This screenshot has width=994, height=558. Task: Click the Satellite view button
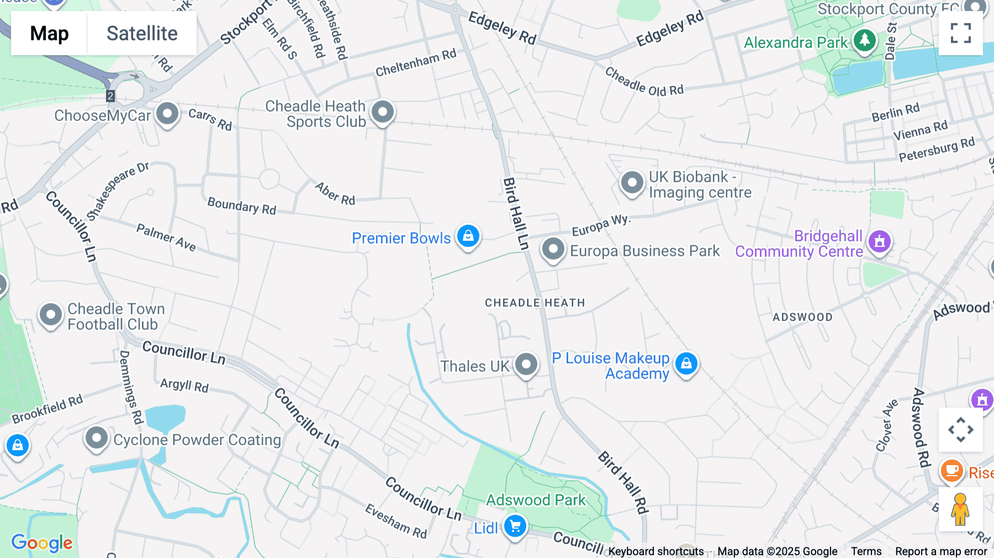tap(142, 34)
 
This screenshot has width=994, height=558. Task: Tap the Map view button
tap(49, 34)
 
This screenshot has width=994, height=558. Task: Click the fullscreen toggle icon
tap(960, 33)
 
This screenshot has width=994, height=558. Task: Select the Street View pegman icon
tap(960, 509)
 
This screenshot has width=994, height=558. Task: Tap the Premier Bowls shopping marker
tap(468, 236)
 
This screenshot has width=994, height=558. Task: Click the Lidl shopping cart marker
tap(515, 527)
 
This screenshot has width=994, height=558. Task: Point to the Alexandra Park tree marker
tap(864, 40)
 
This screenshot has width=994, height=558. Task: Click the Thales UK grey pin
tap(526, 364)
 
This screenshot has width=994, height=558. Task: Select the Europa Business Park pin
tap(553, 249)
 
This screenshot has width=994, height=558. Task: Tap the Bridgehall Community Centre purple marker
tap(880, 241)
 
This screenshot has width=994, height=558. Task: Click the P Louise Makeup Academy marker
tap(686, 364)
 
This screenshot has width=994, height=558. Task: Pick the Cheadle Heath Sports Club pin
tap(383, 112)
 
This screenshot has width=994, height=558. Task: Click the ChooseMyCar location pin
tap(167, 114)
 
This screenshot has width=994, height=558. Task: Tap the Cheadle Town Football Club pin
tap(51, 315)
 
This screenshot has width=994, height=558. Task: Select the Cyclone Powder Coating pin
tap(97, 439)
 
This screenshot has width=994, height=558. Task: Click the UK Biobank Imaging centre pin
tap(632, 182)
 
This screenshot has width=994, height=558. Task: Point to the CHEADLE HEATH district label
tap(535, 303)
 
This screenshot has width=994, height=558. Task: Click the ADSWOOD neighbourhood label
tap(802, 317)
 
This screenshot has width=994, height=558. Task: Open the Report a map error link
tap(941, 551)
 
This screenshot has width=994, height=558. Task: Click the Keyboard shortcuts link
tap(656, 551)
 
